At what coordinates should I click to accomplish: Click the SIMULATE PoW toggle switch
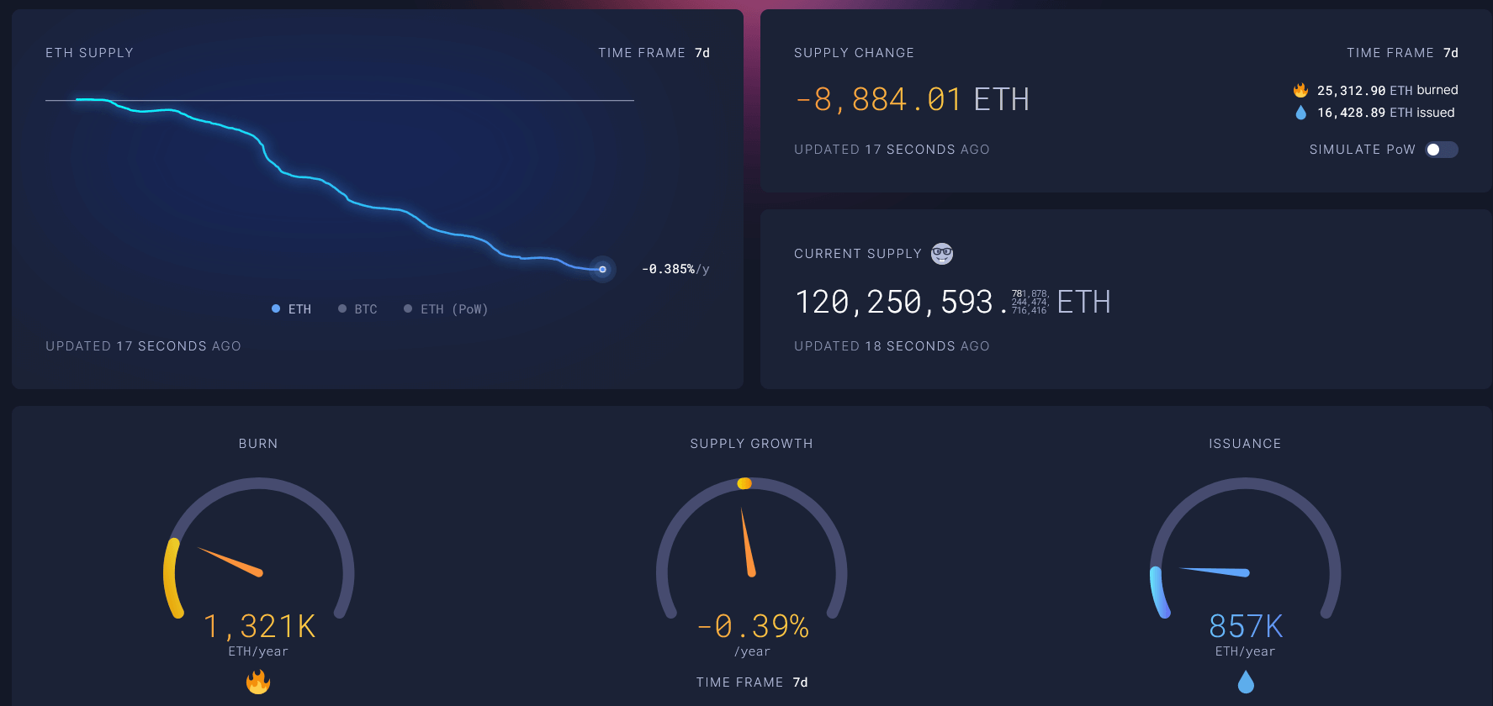pos(1441,150)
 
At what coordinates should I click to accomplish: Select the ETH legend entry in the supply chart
pos(292,309)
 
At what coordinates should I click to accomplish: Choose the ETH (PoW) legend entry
pos(446,309)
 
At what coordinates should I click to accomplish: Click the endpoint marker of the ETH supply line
pos(602,269)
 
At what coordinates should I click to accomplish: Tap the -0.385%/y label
pos(675,269)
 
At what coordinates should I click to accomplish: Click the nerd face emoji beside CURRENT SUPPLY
pos(942,254)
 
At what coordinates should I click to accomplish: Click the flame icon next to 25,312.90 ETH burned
pos(1300,90)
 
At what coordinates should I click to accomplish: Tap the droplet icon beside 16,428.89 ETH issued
pos(1300,113)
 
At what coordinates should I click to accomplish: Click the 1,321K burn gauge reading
pos(259,626)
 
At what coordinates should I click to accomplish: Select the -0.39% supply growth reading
pos(753,626)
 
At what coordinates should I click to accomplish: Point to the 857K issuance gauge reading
pos(1246,626)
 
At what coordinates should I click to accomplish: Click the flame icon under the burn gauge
pos(258,682)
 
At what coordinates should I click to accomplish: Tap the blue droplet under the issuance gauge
pos(1246,682)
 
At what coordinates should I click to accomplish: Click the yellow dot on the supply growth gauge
pos(744,483)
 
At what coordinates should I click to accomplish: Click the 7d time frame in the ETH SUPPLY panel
pos(702,53)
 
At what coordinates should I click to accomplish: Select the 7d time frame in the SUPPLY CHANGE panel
pos(1451,53)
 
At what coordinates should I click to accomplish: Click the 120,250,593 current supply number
pos(894,302)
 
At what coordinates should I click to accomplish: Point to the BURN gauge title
pos(258,444)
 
